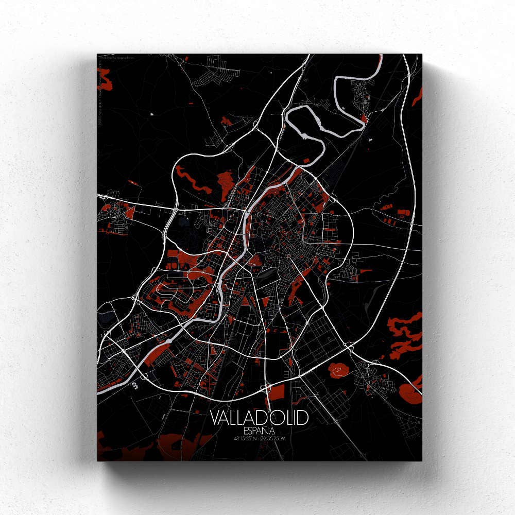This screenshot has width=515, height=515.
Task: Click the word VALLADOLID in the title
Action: coord(259,418)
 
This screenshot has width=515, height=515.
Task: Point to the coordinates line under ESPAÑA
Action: coord(259,439)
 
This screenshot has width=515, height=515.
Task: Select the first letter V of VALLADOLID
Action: coord(215,418)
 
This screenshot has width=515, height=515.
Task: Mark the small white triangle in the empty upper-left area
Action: coord(152,113)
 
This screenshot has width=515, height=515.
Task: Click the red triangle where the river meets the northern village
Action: coord(364,119)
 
